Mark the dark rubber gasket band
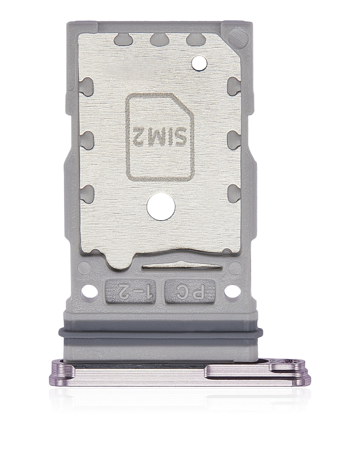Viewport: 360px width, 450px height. point(162,330)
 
